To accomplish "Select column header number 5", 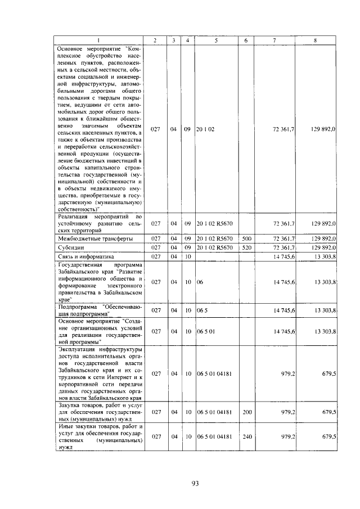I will click(x=215, y=40).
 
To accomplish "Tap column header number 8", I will click(x=316, y=40).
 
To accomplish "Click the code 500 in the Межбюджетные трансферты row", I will click(x=246, y=238).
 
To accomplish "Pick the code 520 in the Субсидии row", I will click(x=246, y=247).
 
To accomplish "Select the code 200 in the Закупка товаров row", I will click(x=246, y=412).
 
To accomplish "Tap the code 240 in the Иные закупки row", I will click(x=246, y=436).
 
